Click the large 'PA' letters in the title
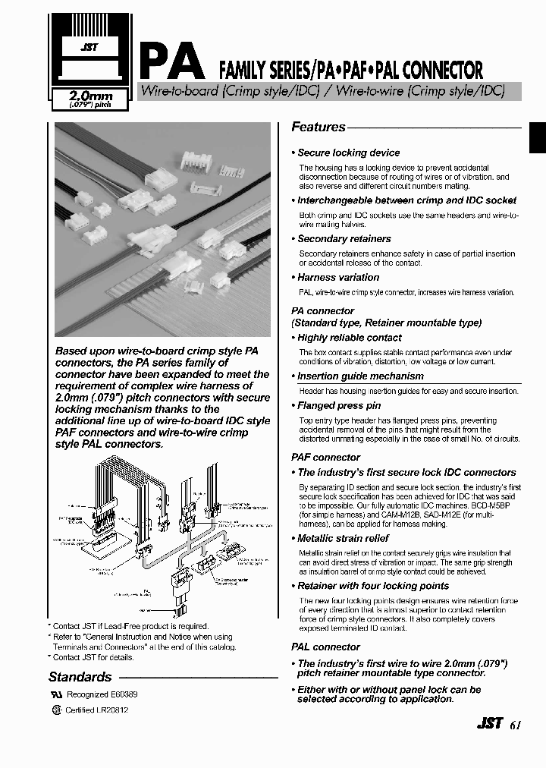[x=171, y=61]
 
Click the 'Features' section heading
[x=318, y=127]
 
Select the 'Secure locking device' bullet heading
[x=348, y=153]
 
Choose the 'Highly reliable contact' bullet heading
[x=349, y=338]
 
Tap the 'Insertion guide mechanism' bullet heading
[x=360, y=376]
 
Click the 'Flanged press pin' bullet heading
[x=339, y=405]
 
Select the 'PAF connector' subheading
[x=326, y=457]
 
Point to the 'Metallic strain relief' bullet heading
[x=343, y=538]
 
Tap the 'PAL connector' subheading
[x=326, y=647]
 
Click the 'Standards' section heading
[x=80, y=677]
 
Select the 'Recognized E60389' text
[x=102, y=694]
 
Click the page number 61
[x=516, y=724]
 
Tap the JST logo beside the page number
[x=489, y=723]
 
